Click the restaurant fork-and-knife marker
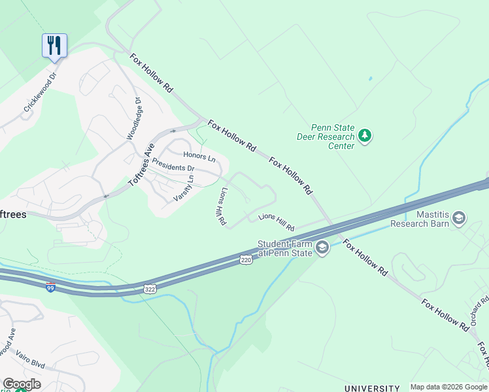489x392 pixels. pyautogui.click(x=54, y=46)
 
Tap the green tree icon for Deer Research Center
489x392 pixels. pyautogui.click(x=365, y=137)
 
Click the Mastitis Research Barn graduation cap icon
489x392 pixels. pyautogui.click(x=459, y=217)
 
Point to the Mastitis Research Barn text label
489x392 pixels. pyautogui.click(x=420, y=218)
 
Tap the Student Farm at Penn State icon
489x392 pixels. pyautogui.click(x=322, y=247)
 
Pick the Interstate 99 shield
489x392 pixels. pyautogui.click(x=50, y=287)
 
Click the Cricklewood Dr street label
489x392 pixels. pyautogui.click(x=41, y=97)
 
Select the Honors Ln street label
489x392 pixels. pyautogui.click(x=199, y=156)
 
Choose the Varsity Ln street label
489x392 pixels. pyautogui.click(x=184, y=188)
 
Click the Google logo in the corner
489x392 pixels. pyautogui.click(x=22, y=384)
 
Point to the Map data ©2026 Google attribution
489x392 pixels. pyautogui.click(x=449, y=387)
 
